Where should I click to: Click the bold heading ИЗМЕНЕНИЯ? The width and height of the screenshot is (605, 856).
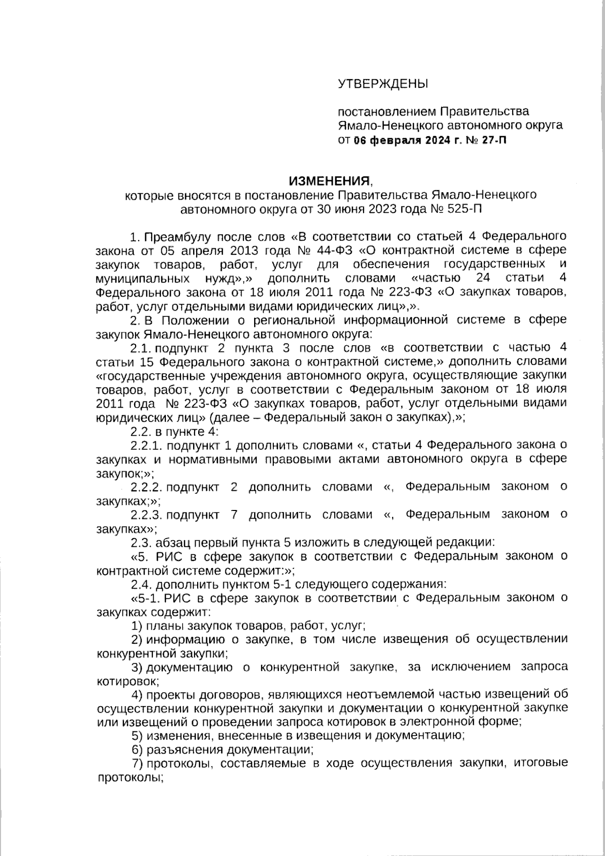329,181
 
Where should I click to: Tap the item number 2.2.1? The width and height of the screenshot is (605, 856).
146,445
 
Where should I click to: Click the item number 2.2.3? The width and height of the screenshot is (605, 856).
146,515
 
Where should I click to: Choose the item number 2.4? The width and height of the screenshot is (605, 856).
141,585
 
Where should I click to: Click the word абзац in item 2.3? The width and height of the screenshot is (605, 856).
172,543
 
